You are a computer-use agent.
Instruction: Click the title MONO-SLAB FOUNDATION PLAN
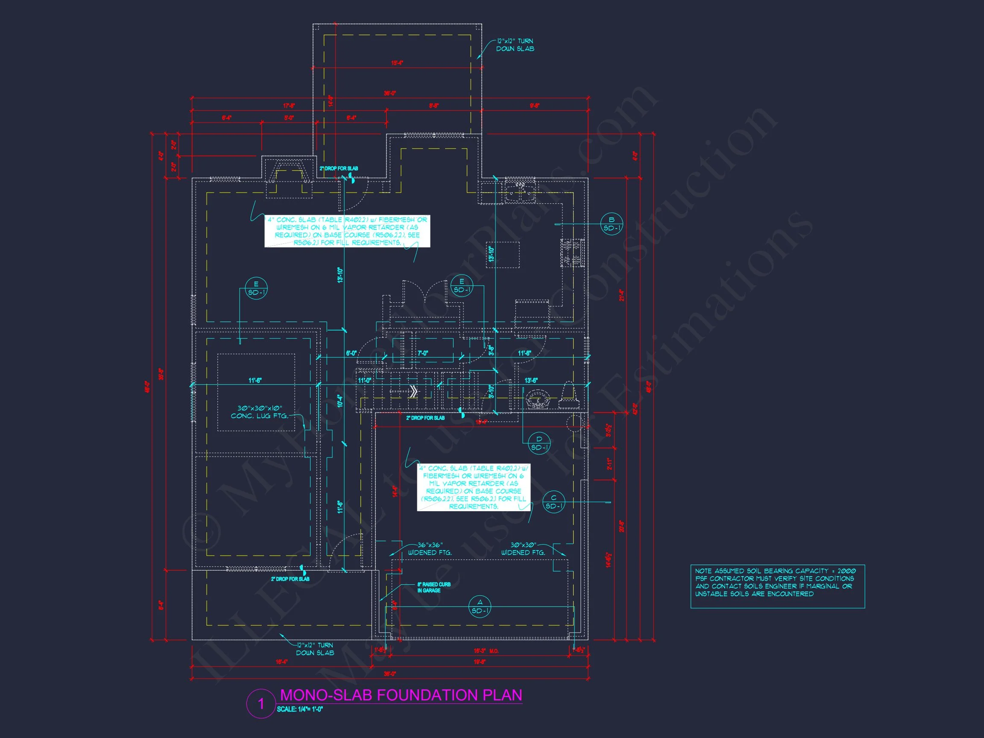point(401,695)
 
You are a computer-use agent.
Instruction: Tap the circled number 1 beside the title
point(261,704)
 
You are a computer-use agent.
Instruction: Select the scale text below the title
point(300,709)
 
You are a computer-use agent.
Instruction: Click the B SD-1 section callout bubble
point(611,224)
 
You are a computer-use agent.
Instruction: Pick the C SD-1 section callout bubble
point(554,502)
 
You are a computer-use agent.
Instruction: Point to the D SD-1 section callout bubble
point(539,443)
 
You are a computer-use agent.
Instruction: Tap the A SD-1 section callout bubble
point(480,606)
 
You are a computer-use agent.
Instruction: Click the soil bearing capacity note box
point(777,586)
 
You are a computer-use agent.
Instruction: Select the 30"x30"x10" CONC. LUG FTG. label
point(259,412)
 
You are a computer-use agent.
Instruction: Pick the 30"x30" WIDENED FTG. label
point(523,549)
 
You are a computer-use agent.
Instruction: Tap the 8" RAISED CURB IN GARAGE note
point(434,587)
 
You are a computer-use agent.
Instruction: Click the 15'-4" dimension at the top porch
point(397,63)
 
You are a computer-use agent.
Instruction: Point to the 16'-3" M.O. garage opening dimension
point(486,651)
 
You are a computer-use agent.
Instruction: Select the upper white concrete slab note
point(347,231)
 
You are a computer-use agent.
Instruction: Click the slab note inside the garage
point(474,487)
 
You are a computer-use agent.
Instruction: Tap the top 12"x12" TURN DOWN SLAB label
point(515,45)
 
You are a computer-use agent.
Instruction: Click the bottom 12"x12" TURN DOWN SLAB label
point(315,649)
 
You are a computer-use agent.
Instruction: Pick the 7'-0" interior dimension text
point(423,353)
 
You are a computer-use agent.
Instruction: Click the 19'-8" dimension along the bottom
point(480,662)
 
